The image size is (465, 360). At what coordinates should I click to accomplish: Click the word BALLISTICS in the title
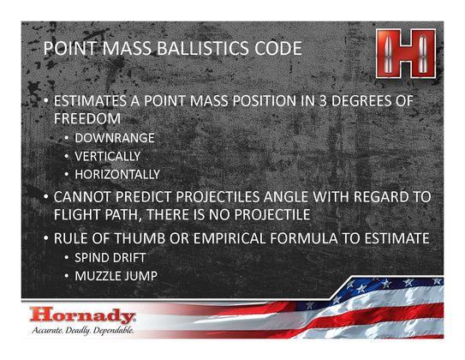203,48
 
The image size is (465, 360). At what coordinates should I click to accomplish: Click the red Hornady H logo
406,53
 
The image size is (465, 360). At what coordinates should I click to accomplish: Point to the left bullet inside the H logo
388,53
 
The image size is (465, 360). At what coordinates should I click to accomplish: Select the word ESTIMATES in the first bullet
90,101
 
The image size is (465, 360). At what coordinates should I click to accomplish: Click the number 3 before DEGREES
323,101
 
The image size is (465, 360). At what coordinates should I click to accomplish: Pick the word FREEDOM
87,118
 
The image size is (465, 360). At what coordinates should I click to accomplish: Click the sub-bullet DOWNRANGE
115,138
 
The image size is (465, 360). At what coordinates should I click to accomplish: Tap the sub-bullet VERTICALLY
108,156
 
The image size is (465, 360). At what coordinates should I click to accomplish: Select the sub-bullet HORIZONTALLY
117,175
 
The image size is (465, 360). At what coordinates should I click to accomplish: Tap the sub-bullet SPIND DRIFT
110,258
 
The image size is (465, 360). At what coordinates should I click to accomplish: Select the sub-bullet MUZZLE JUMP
116,276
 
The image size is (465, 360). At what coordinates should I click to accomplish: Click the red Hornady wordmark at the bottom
82,315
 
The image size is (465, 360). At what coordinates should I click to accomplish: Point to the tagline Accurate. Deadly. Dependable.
83,330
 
